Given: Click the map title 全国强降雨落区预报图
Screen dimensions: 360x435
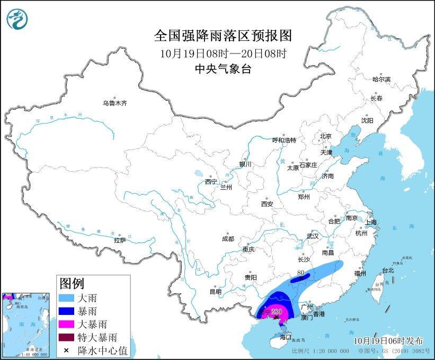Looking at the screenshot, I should coord(223,36).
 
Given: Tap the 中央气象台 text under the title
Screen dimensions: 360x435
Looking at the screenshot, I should coord(223,68).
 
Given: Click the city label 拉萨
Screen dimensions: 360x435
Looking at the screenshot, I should coord(120,240).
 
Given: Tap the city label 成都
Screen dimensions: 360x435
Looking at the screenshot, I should coord(228,239).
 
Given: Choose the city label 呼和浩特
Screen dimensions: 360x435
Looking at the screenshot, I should coord(284,140).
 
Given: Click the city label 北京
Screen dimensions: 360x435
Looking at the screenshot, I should coord(325,136).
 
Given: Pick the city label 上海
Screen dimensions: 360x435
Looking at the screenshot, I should coord(370,222).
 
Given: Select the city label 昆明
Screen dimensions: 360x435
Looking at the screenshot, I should coord(215,291).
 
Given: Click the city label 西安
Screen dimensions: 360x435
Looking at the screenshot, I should coord(267,204).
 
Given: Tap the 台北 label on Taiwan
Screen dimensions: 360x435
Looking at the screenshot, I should coord(388,270).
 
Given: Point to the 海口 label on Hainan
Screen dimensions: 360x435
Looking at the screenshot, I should coord(286,337).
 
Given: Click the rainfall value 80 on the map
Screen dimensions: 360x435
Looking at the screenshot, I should coord(303,274).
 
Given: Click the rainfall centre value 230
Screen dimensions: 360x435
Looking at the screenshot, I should coord(276,312).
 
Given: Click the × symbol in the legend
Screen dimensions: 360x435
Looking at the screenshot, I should coord(67,349).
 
